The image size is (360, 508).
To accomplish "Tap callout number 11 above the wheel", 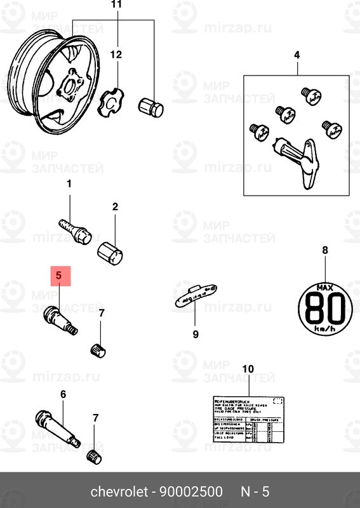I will (115, 5).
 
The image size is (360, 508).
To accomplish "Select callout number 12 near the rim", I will (115, 55).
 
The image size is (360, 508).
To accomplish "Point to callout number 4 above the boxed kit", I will (296, 56).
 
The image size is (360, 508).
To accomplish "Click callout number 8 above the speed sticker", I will (325, 250).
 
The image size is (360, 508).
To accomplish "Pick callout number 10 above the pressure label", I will (248, 368).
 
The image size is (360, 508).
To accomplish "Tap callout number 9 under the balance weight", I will (196, 334).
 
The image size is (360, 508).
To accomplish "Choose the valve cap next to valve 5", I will (99, 349).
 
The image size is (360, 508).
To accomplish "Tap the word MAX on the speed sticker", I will (325, 289).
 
